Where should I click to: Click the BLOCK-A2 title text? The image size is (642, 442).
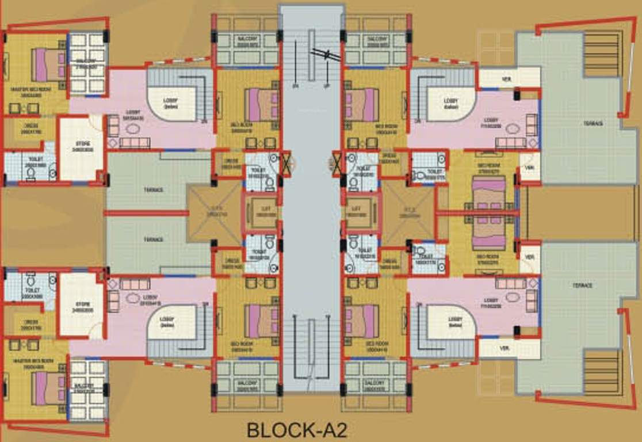pyautogui.click(x=297, y=430)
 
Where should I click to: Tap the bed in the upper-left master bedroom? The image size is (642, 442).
pyautogui.click(x=48, y=64)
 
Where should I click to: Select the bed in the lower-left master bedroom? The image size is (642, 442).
pyautogui.click(x=48, y=388)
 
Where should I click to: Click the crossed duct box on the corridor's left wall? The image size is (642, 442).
pyautogui.click(x=286, y=163)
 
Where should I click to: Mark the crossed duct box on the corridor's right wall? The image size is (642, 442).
pyautogui.click(x=337, y=163)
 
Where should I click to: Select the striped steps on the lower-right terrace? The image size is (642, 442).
pyautogui.click(x=602, y=371)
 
